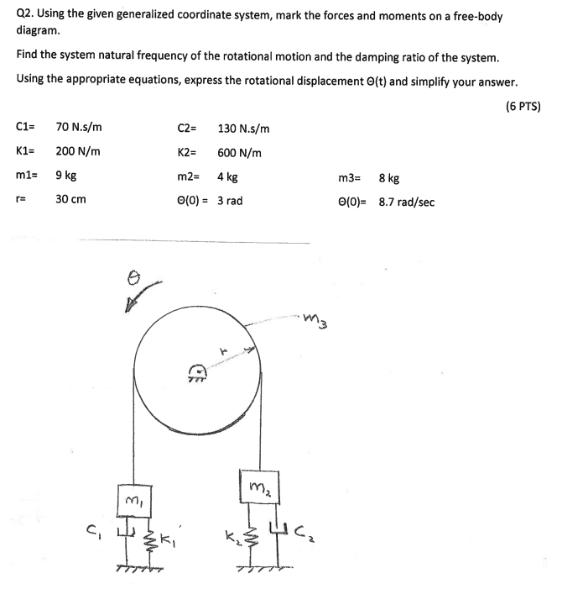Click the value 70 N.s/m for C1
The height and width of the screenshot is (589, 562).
coord(79,128)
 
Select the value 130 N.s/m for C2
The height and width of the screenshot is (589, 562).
coord(243,129)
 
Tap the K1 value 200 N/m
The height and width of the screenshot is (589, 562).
coord(78,152)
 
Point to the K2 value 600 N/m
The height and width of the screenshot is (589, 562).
coord(239,153)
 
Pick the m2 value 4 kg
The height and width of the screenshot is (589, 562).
coord(227,177)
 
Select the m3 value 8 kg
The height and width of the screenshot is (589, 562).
coord(388,177)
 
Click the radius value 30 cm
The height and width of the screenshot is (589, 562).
coord(70,201)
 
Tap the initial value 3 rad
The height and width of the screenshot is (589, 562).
coord(230,201)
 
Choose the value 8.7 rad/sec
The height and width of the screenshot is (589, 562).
coord(407,202)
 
